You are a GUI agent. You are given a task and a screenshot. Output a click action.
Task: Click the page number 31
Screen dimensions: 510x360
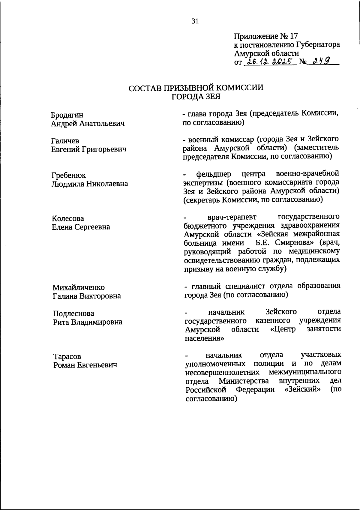click(x=195, y=21)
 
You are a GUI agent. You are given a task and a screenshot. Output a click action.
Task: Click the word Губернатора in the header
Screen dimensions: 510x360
click(x=318, y=45)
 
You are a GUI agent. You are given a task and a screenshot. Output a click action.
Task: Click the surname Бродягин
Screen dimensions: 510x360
click(x=67, y=115)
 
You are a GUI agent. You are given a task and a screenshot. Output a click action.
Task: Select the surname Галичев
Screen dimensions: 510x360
click(x=65, y=141)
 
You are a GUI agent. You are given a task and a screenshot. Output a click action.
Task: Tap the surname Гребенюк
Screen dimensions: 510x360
click(x=68, y=175)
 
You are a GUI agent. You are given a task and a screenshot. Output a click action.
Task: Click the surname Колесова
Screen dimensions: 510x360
click(x=67, y=218)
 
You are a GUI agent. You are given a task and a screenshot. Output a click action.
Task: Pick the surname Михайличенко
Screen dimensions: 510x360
click(x=79, y=288)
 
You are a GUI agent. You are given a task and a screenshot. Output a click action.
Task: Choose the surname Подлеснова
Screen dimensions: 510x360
click(x=73, y=313)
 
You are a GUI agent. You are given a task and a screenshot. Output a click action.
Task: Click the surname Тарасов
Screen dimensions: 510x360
click(x=67, y=357)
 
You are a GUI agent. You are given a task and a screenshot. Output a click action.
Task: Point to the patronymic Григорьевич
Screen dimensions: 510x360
click(x=104, y=149)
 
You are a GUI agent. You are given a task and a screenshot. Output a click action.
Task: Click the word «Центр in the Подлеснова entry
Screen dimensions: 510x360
click(x=283, y=329)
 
